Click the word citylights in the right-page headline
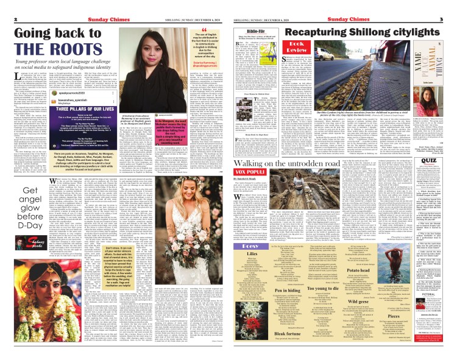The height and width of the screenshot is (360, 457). point(400,30)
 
